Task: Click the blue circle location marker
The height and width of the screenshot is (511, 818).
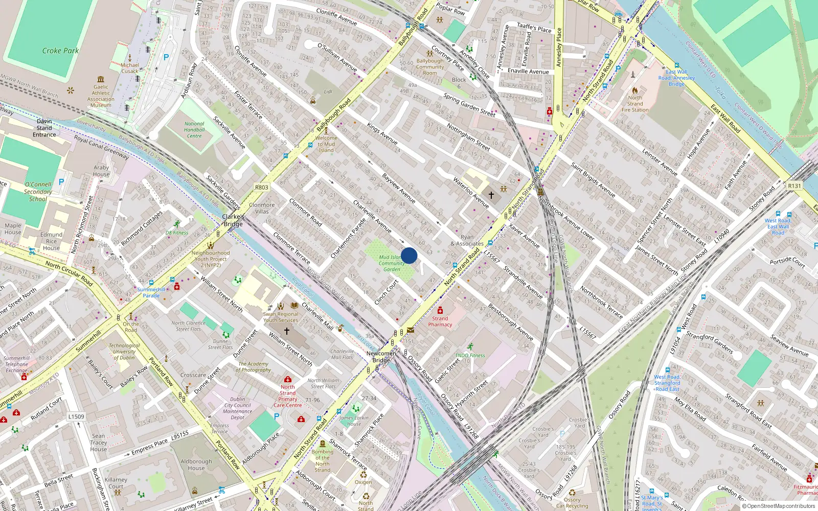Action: (x=409, y=255)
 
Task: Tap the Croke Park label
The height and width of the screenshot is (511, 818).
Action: (x=60, y=51)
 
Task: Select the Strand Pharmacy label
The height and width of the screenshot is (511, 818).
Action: (x=440, y=321)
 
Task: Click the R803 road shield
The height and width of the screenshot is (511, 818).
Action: (x=262, y=188)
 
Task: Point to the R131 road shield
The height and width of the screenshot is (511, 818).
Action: (x=794, y=186)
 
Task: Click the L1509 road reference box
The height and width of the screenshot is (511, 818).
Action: (x=76, y=416)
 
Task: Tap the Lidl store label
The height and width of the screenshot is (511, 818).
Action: (x=328, y=92)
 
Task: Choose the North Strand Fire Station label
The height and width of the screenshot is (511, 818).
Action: (x=635, y=104)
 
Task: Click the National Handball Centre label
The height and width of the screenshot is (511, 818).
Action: (x=194, y=130)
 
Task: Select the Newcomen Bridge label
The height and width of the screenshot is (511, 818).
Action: (x=381, y=357)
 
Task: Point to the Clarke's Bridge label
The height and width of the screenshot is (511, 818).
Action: (x=233, y=220)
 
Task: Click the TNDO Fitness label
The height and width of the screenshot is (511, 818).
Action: (x=470, y=355)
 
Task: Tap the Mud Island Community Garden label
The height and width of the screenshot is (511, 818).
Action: (x=392, y=263)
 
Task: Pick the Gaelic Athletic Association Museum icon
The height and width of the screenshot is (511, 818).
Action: (x=101, y=79)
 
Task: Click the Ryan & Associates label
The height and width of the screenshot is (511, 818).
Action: (x=467, y=240)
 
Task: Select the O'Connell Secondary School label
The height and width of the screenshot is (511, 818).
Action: (x=38, y=192)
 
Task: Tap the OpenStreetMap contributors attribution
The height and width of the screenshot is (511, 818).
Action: (x=779, y=506)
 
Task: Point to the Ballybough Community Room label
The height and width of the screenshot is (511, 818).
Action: (x=430, y=67)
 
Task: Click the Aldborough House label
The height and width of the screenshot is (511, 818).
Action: (x=196, y=464)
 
